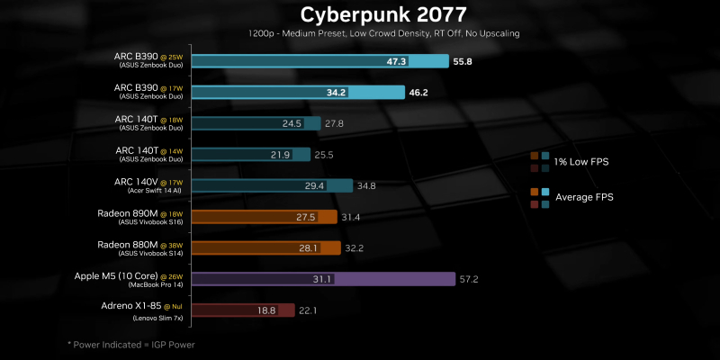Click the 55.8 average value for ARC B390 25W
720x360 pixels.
(463, 62)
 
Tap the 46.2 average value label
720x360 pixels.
(418, 93)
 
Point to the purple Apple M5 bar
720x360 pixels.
(378, 279)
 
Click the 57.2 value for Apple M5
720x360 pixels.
(469, 279)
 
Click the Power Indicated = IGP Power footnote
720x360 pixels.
(131, 345)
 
